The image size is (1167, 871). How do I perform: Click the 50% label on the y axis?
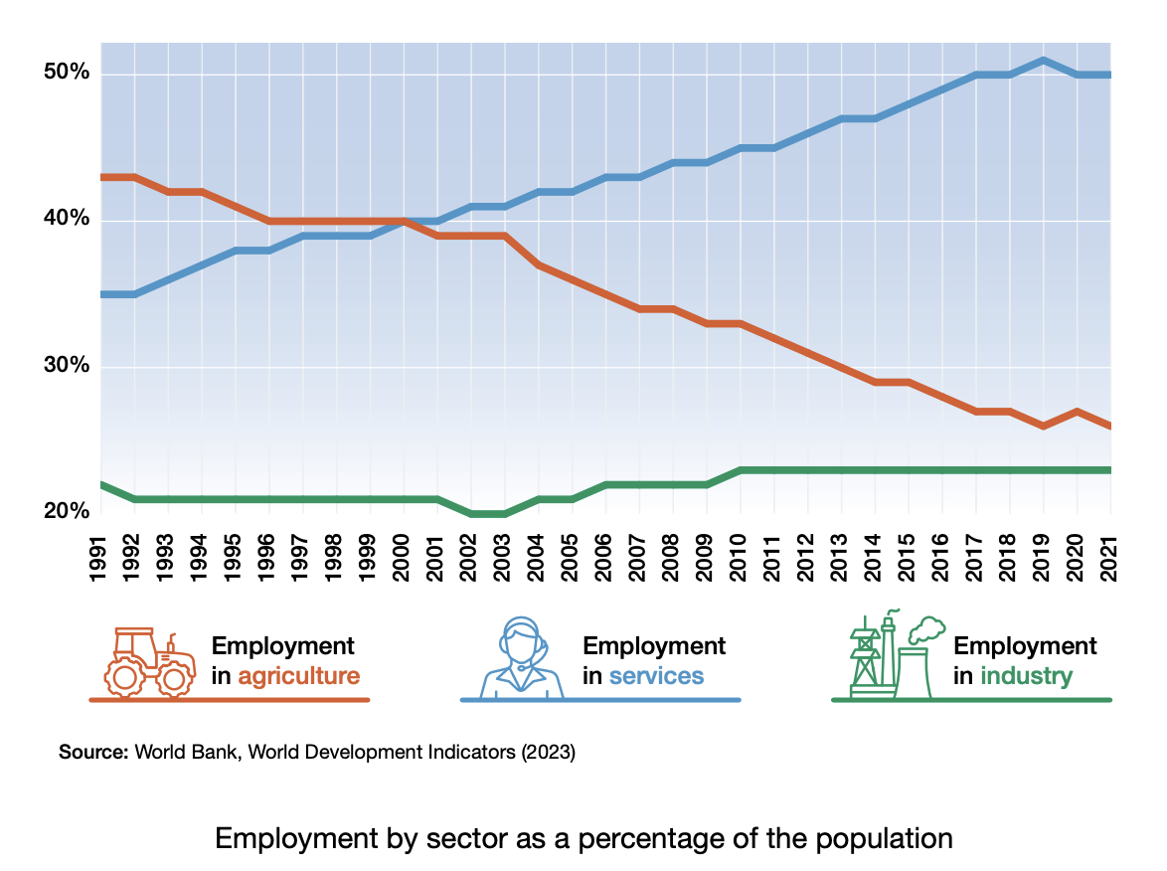coord(66,74)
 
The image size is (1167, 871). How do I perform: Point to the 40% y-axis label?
coord(66,220)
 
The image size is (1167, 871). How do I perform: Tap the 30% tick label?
coord(66,366)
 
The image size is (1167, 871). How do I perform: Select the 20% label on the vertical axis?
coord(66,511)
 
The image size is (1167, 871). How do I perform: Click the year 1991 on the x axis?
coord(99,562)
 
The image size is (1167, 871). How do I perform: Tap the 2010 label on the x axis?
coord(740,562)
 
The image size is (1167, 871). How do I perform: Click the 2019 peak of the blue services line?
coord(1043,60)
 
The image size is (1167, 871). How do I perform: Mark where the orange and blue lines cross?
coord(403,221)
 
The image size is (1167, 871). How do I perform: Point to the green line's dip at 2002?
coord(487,513)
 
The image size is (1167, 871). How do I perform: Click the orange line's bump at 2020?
coord(1077,411)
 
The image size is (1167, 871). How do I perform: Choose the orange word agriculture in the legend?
coord(298,677)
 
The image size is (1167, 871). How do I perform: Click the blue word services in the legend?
coord(656,677)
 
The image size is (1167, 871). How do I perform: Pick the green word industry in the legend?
coord(1026,677)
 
